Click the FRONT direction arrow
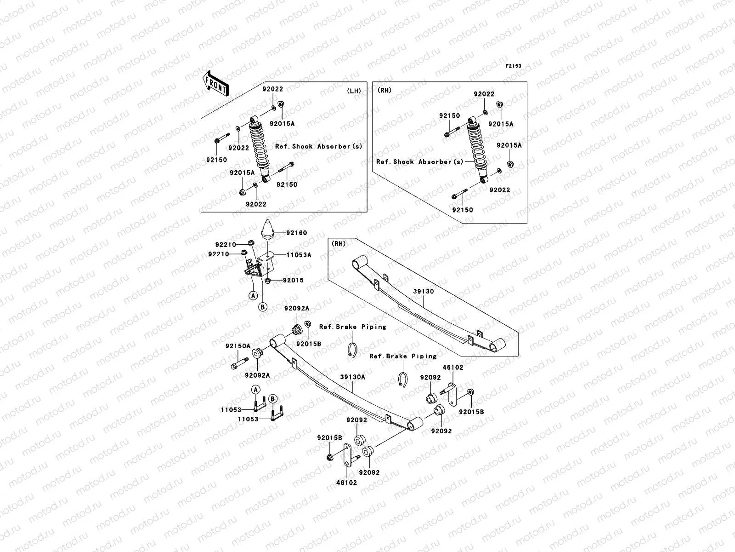click(x=216, y=83)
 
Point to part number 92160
click(x=296, y=233)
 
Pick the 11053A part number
click(x=299, y=255)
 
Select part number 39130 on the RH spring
click(x=423, y=291)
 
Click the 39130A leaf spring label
click(x=352, y=377)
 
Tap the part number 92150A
click(x=237, y=346)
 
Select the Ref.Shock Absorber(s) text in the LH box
click(x=318, y=146)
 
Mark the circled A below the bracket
click(x=253, y=296)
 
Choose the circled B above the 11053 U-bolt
click(x=273, y=398)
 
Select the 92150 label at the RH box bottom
click(x=462, y=210)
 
